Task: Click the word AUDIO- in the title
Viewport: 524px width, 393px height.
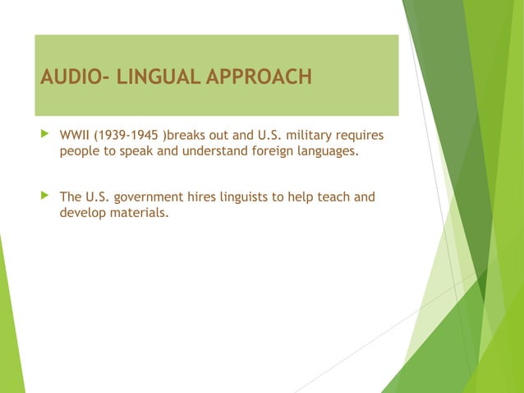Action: tap(75, 78)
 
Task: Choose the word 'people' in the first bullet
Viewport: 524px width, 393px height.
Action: tap(80, 151)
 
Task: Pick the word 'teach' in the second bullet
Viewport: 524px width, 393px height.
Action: tap(333, 197)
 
